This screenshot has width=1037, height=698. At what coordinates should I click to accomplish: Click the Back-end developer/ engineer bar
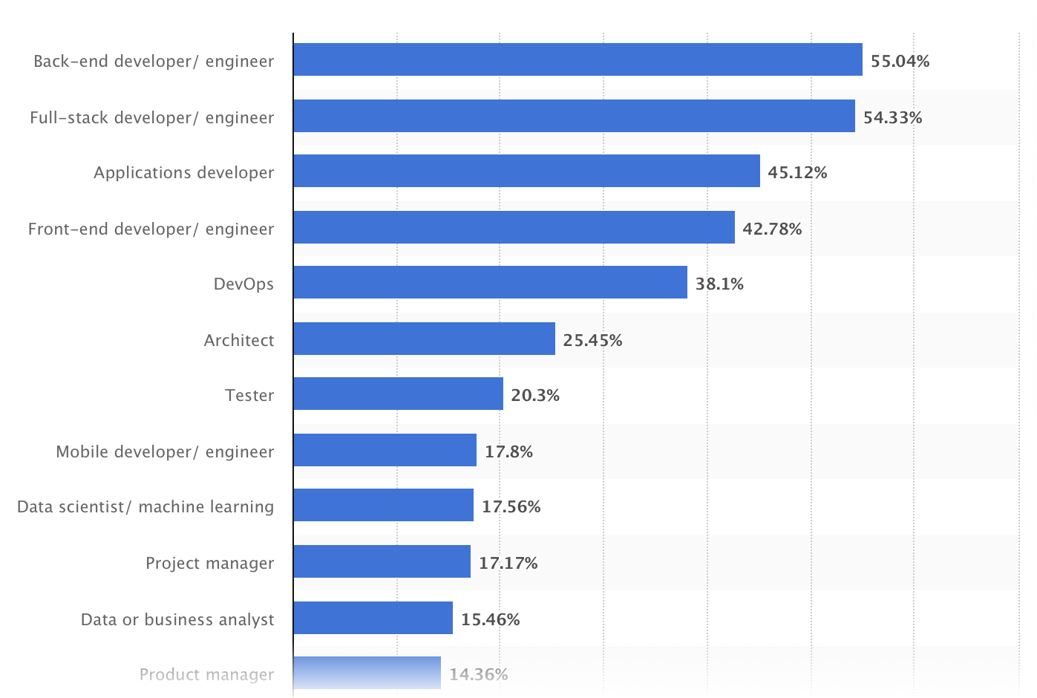[x=578, y=59]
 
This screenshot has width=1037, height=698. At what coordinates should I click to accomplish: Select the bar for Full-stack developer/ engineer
[x=574, y=116]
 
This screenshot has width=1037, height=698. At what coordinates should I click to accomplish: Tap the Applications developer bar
[x=526, y=171]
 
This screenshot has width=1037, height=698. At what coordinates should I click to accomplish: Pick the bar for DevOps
[x=490, y=282]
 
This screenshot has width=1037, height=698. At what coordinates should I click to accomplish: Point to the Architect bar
[x=424, y=339]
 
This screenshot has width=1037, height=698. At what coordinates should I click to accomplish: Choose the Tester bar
[x=398, y=394]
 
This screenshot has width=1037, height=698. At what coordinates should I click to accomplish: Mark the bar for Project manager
[x=382, y=561]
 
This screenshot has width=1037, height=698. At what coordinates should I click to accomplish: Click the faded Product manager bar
[x=367, y=673]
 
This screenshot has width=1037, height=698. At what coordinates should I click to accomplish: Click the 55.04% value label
[x=900, y=61]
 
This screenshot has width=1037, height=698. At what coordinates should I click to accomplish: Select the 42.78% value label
[x=772, y=229]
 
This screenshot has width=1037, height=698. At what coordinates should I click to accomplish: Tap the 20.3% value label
[x=535, y=395]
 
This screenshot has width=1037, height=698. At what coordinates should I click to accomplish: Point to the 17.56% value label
[x=511, y=506]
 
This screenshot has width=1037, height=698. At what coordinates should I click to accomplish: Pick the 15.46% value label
[x=490, y=619]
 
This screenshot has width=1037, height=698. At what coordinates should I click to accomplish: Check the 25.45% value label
[x=592, y=340]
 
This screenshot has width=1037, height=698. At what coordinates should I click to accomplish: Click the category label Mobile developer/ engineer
[x=165, y=451]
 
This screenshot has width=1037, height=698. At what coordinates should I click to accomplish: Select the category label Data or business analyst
[x=177, y=619]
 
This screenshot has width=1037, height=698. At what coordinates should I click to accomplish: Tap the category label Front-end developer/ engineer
[x=151, y=229]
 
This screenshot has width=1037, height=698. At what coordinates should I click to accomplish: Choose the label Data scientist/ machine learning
[x=145, y=506]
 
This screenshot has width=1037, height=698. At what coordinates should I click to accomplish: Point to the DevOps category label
[x=243, y=284]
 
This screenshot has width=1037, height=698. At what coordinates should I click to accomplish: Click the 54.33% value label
[x=892, y=117]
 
